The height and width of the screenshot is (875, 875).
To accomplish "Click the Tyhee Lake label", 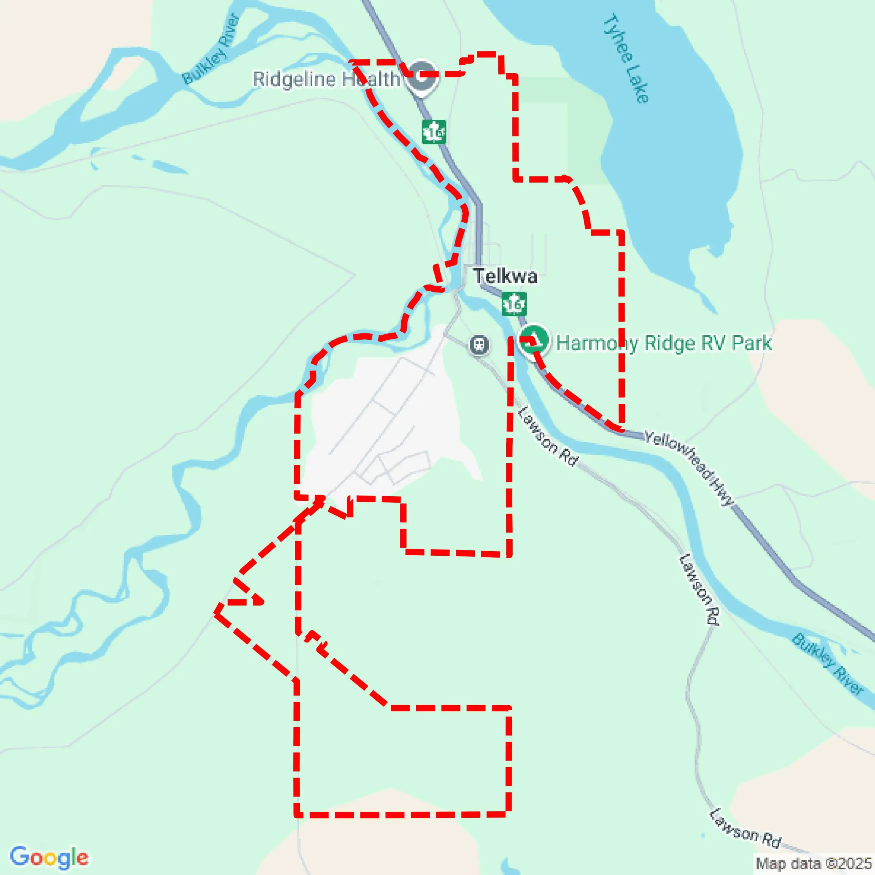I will pyautogui.click(x=626, y=59).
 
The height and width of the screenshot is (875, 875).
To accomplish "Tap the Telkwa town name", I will pyautogui.click(x=505, y=276).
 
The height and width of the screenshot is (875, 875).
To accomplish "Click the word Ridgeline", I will pyautogui.click(x=294, y=79).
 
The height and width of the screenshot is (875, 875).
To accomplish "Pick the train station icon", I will pyautogui.click(x=479, y=345).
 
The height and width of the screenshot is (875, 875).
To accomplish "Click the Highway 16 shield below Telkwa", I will pyautogui.click(x=514, y=304).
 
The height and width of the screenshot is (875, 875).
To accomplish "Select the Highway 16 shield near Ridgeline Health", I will pyautogui.click(x=434, y=132).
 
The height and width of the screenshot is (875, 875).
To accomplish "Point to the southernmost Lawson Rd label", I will pyautogui.click(x=745, y=828).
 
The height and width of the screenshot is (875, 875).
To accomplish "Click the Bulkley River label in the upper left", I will pyautogui.click(x=211, y=49).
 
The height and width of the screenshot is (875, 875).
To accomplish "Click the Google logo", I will pyautogui.click(x=49, y=857).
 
